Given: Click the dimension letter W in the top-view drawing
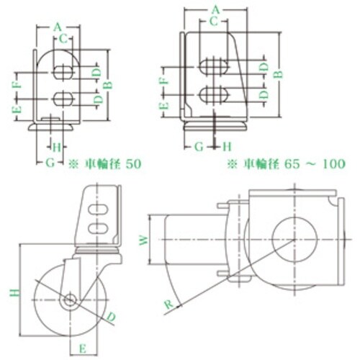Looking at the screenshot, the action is (144, 240).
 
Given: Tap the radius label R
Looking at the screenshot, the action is (168, 305).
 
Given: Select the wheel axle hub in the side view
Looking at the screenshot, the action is (70, 300).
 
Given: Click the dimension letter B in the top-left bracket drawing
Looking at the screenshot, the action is (109, 85).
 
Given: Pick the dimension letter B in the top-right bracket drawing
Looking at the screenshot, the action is (279, 75).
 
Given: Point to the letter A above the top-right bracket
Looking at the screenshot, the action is (215, 10).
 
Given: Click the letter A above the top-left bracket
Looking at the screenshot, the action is (58, 27).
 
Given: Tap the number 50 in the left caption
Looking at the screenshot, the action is (133, 164).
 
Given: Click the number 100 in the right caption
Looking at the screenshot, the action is (334, 164).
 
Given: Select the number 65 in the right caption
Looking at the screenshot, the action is (292, 164).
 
